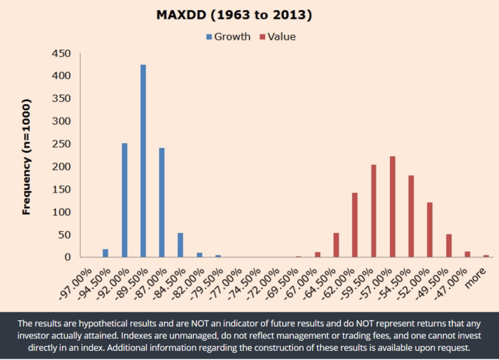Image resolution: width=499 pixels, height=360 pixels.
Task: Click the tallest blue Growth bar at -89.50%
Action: [143, 161]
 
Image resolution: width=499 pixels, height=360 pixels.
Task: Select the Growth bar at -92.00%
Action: [124, 200]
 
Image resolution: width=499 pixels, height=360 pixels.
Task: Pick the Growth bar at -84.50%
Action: [180, 245]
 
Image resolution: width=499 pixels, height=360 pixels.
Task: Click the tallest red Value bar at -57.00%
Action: [392, 207]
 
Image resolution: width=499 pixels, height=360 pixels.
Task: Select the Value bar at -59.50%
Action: [374, 211]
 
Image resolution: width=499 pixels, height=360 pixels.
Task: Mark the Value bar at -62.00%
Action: [355, 225]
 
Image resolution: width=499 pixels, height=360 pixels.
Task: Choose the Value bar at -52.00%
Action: [430, 230]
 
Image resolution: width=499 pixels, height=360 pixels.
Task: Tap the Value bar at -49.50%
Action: [448, 246]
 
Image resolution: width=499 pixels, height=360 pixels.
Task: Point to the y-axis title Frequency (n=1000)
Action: [27, 155]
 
